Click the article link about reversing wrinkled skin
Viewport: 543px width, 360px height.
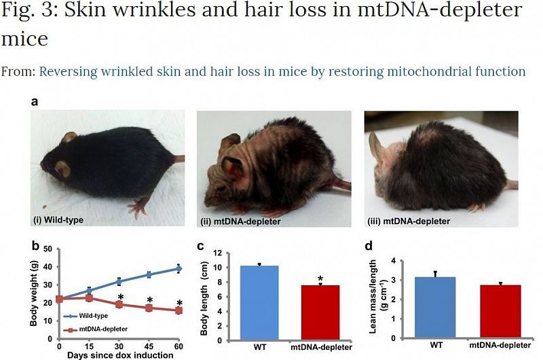tap(282, 71)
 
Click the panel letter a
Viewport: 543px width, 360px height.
tap(35, 101)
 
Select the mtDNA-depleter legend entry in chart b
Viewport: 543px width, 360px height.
tap(95, 328)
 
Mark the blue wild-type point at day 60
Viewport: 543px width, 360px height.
tap(179, 268)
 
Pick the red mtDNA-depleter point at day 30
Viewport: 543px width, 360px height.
tap(119, 304)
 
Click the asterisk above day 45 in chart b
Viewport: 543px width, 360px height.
tap(149, 299)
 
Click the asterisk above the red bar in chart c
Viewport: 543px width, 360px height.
tap(320, 279)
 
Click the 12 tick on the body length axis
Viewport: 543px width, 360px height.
tap(219, 253)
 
